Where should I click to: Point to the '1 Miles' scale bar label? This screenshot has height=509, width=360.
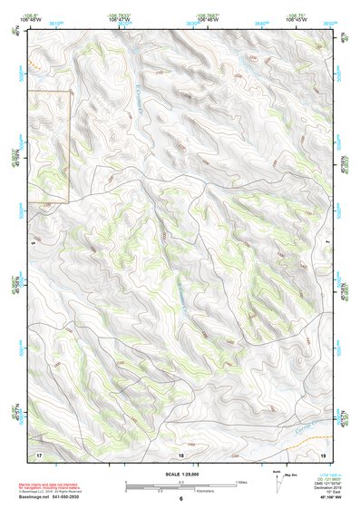click(x=239, y=482)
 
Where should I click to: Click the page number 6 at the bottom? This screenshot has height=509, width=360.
click(x=180, y=499)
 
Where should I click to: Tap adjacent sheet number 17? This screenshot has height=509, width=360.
click(x=39, y=453)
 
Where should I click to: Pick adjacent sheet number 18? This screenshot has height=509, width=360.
click(x=180, y=453)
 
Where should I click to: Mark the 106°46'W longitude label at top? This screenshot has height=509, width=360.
click(x=209, y=19)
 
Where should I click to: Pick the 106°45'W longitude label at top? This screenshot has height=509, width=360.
click(x=297, y=19)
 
